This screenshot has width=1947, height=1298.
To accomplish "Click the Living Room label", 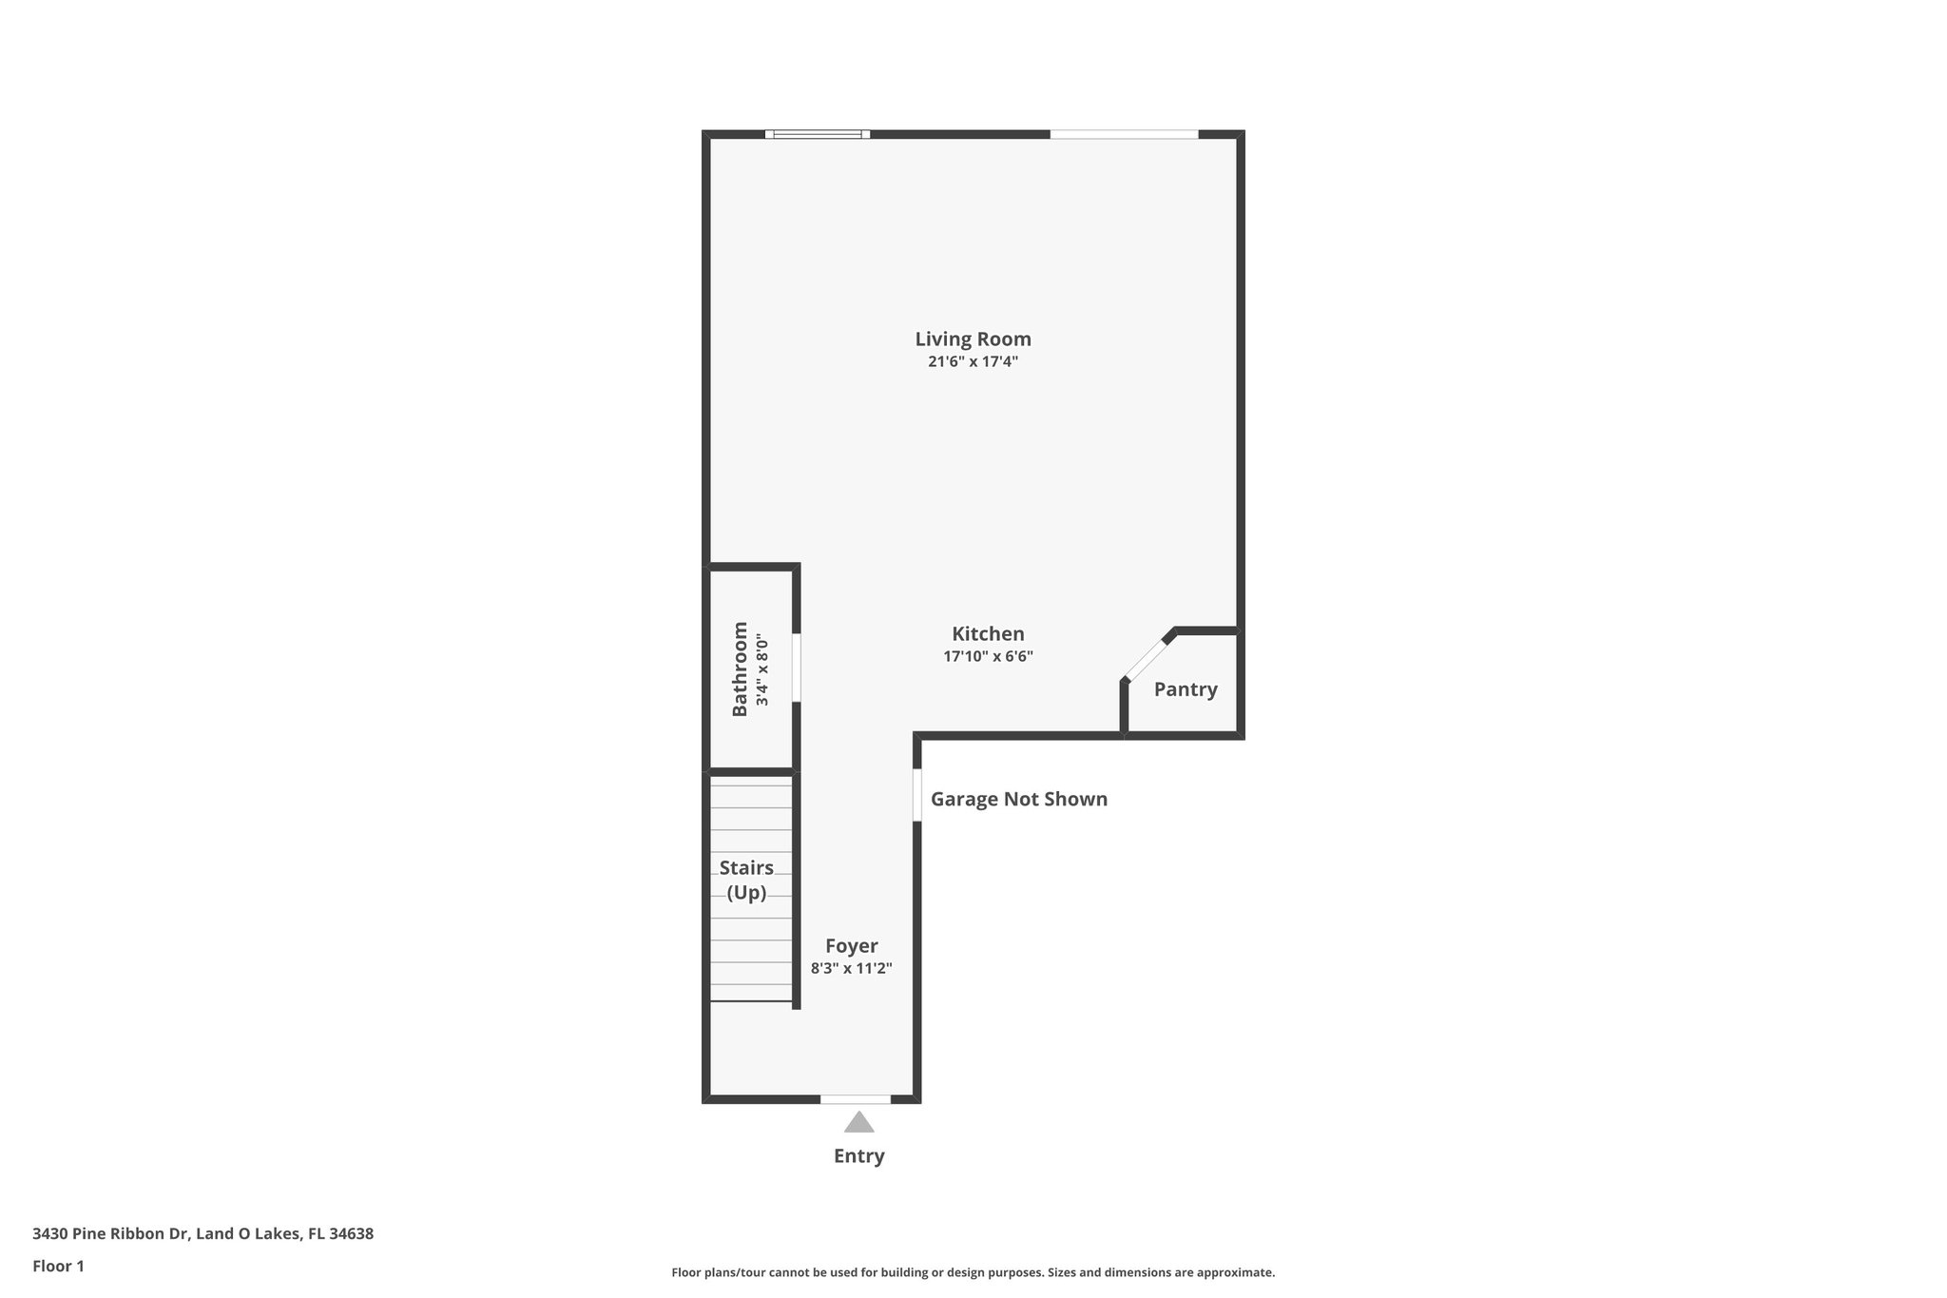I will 973,339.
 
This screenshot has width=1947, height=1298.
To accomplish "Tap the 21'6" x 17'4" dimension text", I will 973,361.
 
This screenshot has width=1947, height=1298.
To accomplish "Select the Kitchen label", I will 988,633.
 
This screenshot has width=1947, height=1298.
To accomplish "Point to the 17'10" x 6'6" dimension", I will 988,656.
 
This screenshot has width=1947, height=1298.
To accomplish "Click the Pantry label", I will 1185,689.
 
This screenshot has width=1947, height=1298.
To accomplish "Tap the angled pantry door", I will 1148,656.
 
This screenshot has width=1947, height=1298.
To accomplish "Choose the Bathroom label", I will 740,668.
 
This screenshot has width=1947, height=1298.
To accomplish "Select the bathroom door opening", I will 797,668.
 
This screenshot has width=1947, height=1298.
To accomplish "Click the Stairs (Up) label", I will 746,880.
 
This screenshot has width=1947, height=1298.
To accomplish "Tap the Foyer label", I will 851,946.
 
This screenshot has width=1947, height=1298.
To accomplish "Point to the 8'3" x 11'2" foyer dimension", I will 851,969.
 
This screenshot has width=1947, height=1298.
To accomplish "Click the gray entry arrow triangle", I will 858,1123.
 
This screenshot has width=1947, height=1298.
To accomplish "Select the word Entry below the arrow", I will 858,1156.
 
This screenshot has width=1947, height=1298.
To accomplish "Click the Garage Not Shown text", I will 1018,799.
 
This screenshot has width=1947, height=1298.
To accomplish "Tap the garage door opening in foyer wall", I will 917,794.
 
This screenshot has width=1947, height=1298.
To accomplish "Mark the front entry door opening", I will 856,1099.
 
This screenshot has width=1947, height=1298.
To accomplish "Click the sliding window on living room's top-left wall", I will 818,134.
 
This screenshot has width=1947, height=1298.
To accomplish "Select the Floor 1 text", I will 58,1266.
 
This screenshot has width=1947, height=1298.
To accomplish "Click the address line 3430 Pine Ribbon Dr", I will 202,1233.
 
